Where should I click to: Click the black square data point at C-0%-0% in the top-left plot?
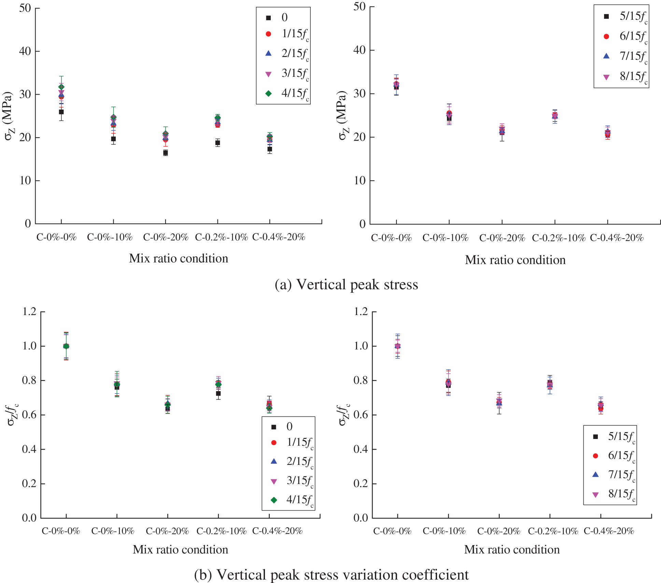61,112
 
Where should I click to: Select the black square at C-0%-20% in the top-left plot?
166,153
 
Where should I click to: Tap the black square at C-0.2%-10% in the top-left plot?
217,143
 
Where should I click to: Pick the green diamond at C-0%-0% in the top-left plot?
61,87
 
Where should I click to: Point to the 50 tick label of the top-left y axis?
25,8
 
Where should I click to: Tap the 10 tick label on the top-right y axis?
360,181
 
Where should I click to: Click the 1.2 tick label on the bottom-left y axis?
29,311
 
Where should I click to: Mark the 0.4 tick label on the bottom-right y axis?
361,449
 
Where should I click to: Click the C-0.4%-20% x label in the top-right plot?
617,238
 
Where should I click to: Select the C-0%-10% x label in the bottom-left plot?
113,531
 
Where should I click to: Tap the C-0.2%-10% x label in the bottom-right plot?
553,531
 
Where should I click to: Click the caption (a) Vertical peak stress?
346,284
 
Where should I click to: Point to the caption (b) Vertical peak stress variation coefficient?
331,575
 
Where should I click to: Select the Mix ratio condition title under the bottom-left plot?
180,550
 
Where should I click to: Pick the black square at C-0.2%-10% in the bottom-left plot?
218,394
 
